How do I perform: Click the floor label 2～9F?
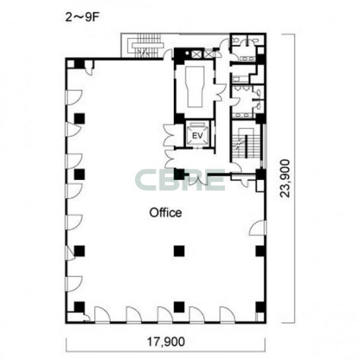82,17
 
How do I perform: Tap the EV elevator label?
197,136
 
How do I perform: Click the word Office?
165,212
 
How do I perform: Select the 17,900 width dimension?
165,341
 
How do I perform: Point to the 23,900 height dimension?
285,178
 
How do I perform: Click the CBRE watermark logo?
180,180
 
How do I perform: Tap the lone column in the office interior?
179,251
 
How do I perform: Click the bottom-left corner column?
79,307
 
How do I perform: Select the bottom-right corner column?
261,307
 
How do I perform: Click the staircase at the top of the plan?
147,46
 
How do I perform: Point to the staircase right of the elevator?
246,143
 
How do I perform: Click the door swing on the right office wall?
257,228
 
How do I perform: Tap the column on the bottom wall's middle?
179,307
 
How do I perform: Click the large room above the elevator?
195,87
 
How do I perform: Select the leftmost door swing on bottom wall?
102,314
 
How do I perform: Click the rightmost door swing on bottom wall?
227,314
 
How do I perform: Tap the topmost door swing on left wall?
74,97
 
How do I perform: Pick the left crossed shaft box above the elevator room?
197,54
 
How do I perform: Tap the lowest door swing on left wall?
74,284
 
